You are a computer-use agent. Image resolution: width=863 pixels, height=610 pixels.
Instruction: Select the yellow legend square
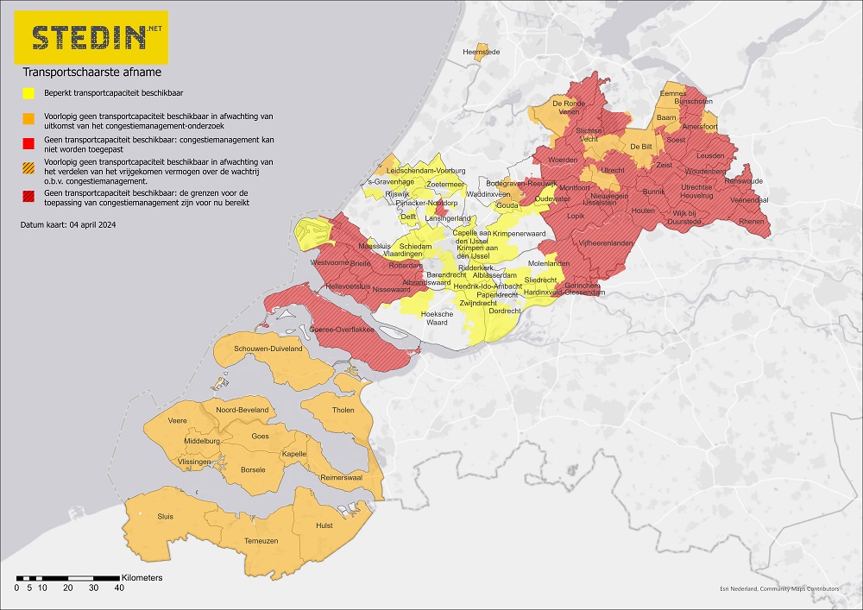coord(28,93)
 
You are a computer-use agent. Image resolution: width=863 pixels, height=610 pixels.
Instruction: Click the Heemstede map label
coord(482,53)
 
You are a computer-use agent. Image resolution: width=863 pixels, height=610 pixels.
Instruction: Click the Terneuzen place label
coord(261,540)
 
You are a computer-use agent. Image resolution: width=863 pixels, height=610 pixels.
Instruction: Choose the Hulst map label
coord(324,524)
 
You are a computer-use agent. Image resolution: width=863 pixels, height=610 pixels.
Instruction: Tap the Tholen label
coord(343,410)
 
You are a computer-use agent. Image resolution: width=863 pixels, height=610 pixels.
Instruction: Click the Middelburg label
coord(203,441)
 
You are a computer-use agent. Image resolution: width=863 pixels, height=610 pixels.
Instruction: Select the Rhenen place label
coord(753,222)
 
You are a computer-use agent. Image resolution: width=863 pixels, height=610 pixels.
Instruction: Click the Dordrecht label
coord(505,311)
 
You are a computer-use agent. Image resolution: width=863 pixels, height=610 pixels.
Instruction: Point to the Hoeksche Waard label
coord(437,318)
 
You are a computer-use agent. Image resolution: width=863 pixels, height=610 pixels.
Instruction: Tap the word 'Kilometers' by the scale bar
coord(142,576)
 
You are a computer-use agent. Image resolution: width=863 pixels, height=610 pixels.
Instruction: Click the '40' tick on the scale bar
coord(119,588)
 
